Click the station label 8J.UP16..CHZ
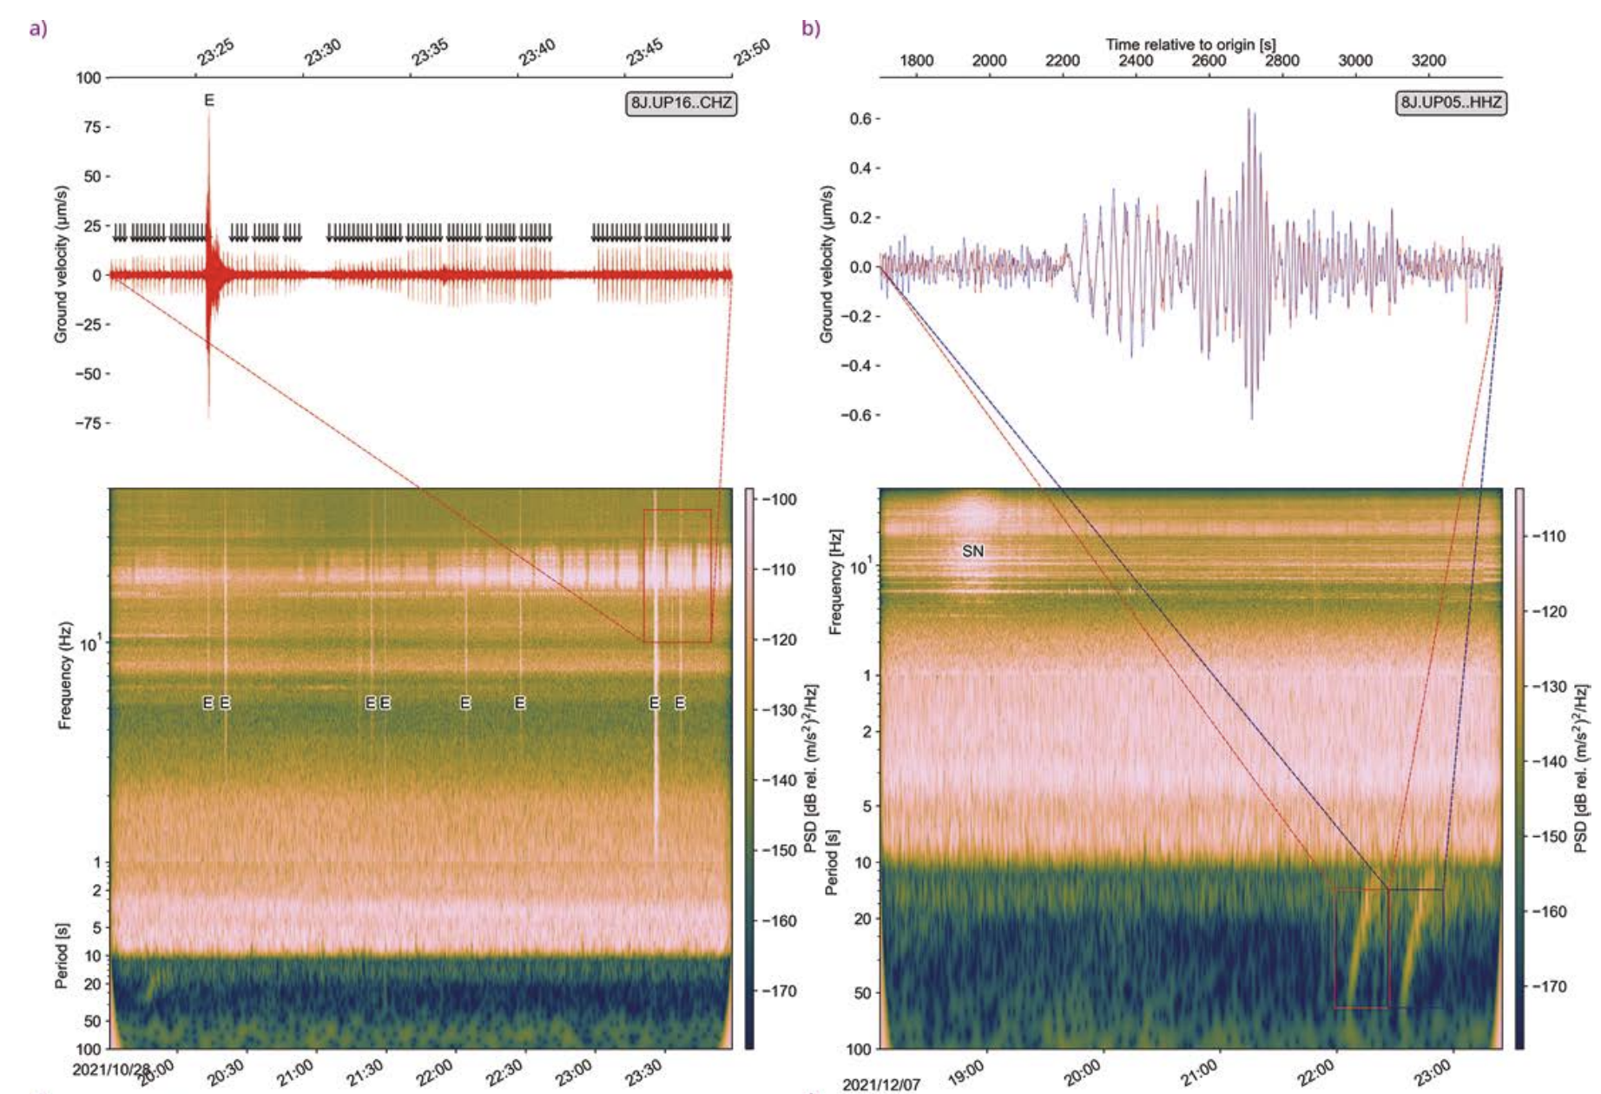(x=681, y=103)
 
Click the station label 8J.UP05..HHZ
(x=1451, y=103)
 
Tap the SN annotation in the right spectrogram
(x=972, y=551)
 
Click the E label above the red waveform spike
(x=208, y=101)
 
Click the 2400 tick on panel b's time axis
(x=1136, y=61)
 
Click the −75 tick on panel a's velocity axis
(x=91, y=423)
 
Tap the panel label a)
(x=38, y=29)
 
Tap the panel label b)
(x=810, y=29)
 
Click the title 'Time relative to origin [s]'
(x=1190, y=44)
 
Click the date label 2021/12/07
(x=881, y=1084)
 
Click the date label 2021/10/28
(x=111, y=1069)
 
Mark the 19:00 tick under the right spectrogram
(x=966, y=1073)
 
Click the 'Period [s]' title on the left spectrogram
(x=62, y=955)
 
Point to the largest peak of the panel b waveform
(x=1250, y=111)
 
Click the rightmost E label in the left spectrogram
(x=680, y=702)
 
